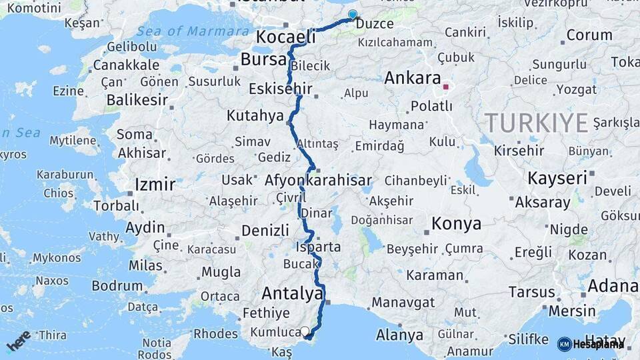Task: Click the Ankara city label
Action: point(413,77)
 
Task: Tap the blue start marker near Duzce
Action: point(353,15)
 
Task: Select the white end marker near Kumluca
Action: point(305,331)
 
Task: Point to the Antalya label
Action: point(293,293)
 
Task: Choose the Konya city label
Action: point(456,223)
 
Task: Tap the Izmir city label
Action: point(155,184)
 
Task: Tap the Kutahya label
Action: point(255,115)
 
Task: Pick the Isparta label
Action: point(317,247)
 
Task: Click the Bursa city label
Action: point(263,59)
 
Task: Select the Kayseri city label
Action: point(557,178)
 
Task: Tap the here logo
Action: point(18,341)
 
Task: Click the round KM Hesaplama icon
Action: point(564,344)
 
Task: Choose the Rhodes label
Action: point(215,333)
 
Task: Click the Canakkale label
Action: point(126,65)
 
